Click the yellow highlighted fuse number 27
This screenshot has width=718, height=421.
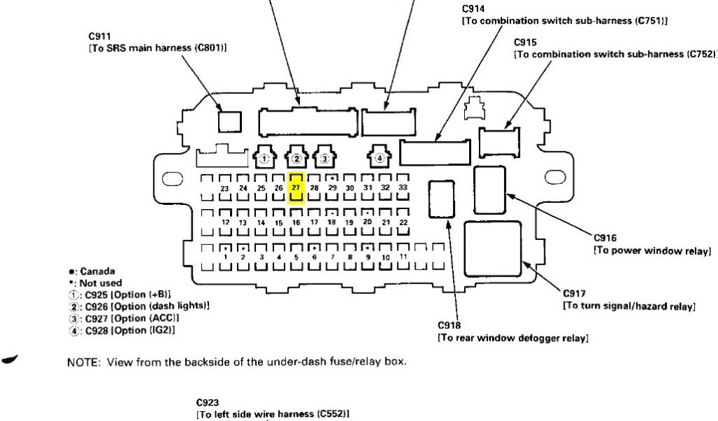click(296, 188)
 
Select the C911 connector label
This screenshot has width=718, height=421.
click(100, 34)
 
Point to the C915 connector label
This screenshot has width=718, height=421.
click(525, 42)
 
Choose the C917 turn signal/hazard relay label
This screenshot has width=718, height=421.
click(574, 293)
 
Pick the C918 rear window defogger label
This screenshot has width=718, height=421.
click(449, 326)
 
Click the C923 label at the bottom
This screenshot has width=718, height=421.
click(208, 403)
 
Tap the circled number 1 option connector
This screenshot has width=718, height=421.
click(264, 159)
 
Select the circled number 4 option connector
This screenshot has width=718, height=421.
click(379, 159)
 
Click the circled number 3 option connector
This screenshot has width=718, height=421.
click(324, 159)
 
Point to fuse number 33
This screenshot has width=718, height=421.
click(402, 188)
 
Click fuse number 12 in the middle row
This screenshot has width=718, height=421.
click(225, 222)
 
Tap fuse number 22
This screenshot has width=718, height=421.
click(402, 222)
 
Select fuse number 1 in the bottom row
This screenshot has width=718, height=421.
click(225, 258)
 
